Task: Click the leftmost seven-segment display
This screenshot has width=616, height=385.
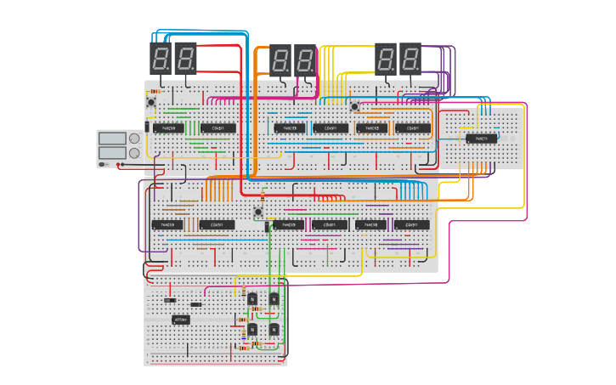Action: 161,58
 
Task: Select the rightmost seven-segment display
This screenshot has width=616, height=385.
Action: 410,59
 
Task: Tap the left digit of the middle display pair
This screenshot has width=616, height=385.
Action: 280,60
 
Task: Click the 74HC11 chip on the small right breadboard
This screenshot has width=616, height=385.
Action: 481,138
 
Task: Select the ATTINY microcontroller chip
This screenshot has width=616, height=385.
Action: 181,320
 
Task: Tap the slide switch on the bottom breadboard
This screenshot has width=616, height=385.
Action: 170,300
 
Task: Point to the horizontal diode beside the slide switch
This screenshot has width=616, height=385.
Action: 196,304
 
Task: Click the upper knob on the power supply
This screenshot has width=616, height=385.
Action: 133,139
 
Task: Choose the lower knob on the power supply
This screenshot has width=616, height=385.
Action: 133,153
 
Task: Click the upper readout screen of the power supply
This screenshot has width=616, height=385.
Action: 111,139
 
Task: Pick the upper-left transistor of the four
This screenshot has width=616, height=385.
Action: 251,298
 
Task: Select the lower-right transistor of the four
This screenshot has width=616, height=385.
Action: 274,329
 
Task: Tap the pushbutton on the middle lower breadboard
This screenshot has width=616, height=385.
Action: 258,212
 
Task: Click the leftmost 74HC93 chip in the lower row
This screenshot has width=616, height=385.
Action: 167,225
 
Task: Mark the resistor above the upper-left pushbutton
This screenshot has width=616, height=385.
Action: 155,91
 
